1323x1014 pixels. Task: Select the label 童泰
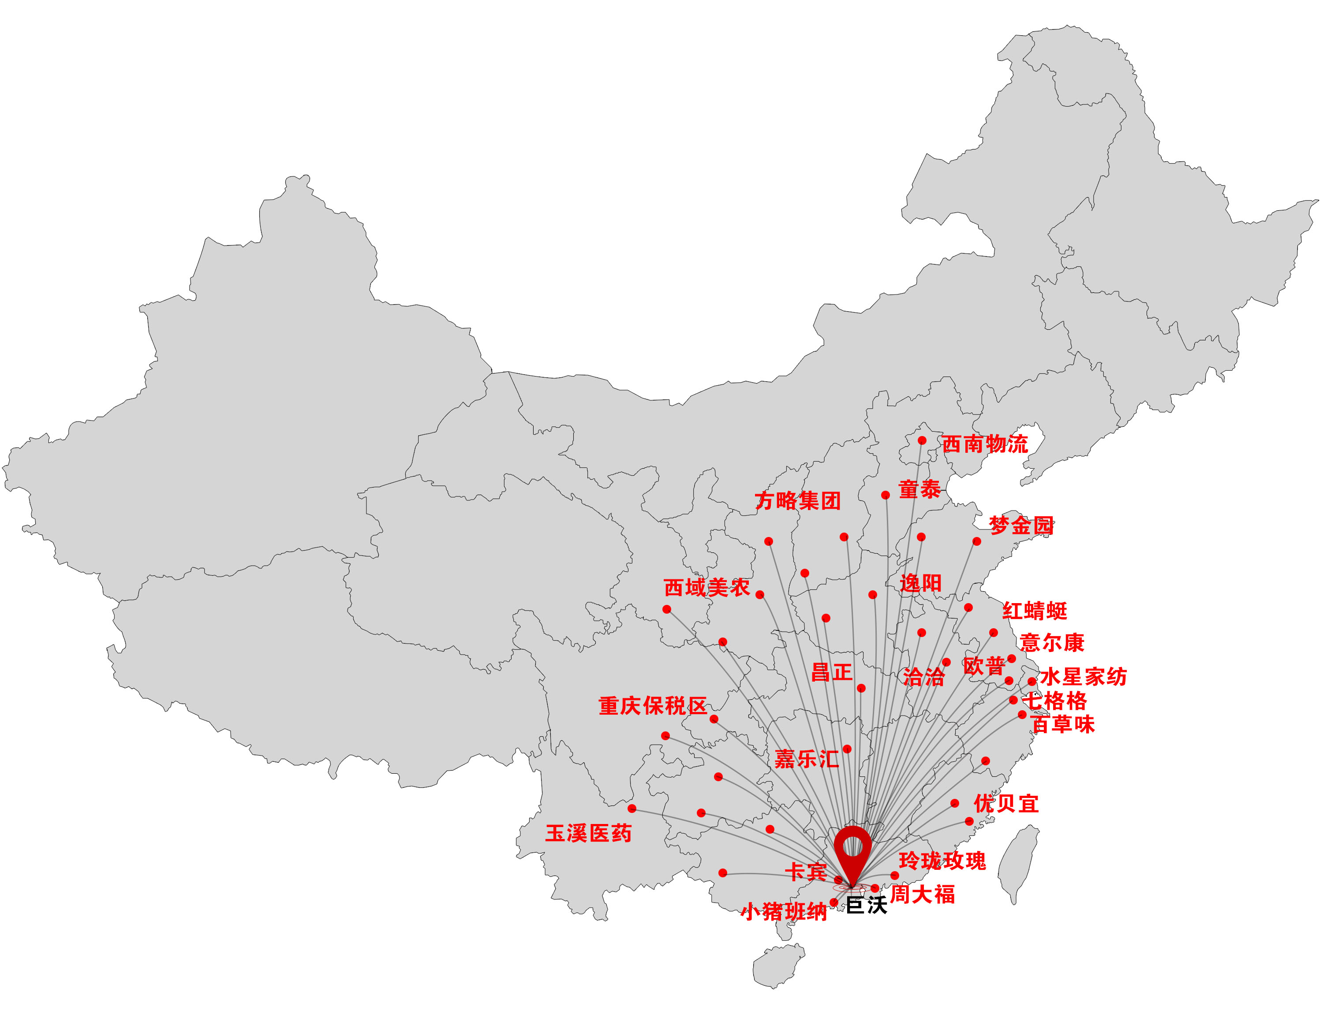(919, 489)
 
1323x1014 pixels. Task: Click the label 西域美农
(706, 587)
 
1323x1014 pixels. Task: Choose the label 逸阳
(920, 583)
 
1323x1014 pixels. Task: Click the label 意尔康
(1051, 642)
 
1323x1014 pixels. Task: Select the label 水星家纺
(1083, 677)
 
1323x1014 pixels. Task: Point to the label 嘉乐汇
(806, 759)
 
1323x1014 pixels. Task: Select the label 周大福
(922, 894)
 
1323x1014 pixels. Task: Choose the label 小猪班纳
(784, 911)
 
